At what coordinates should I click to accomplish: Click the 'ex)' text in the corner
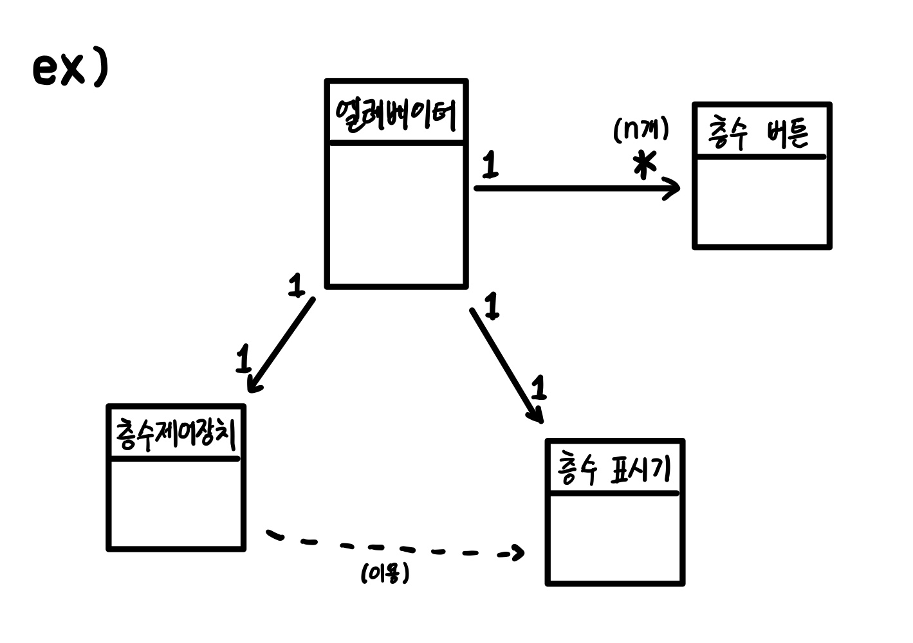(x=69, y=69)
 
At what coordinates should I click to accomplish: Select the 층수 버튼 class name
(x=759, y=134)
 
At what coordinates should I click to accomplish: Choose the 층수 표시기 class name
(x=614, y=470)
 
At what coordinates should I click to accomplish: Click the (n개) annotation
(x=641, y=129)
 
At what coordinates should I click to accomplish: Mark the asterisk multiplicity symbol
(x=644, y=166)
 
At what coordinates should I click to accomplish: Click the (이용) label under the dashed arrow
(x=385, y=573)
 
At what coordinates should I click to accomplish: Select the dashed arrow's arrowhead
(x=517, y=552)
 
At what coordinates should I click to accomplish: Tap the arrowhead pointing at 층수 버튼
(x=672, y=188)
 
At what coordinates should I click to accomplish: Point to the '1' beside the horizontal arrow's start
(x=490, y=165)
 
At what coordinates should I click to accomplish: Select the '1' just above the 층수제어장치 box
(x=243, y=359)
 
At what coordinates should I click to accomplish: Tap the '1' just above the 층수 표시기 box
(x=539, y=388)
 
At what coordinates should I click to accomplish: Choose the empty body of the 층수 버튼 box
(x=762, y=201)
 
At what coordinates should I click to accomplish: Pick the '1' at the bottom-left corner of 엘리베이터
(x=296, y=285)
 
